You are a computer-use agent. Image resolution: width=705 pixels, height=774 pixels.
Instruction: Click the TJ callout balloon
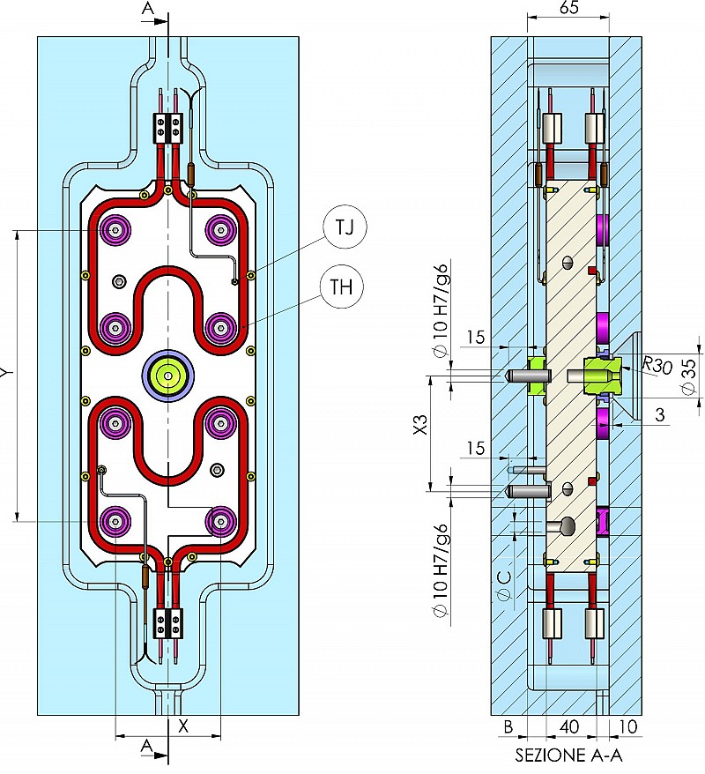click(345, 227)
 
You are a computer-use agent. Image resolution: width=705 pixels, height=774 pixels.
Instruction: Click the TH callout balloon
click(341, 287)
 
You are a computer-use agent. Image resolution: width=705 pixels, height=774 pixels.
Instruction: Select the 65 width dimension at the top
click(568, 8)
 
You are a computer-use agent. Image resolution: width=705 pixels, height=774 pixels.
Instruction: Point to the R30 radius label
click(657, 366)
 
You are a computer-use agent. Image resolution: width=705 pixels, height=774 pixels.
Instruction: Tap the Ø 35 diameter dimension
click(689, 376)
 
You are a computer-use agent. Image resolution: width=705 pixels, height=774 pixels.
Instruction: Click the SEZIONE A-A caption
click(568, 755)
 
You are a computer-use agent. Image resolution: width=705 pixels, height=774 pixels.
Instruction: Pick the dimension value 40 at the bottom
click(569, 726)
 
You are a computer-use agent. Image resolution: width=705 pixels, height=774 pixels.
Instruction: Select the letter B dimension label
click(508, 726)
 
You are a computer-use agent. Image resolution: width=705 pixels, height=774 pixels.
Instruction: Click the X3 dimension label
click(420, 425)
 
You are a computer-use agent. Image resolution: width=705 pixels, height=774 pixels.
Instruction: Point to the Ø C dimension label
click(504, 585)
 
